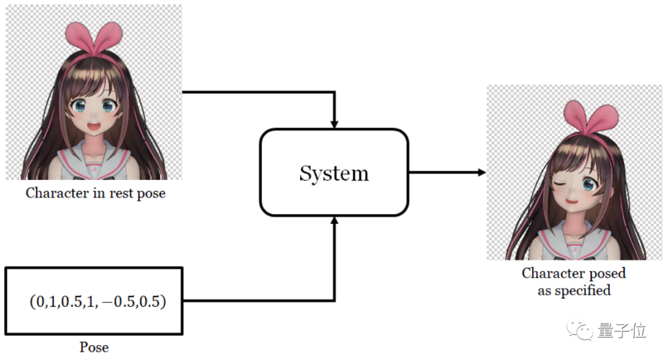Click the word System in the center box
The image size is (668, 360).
[x=334, y=173]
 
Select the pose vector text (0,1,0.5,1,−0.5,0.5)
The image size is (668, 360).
[x=98, y=303]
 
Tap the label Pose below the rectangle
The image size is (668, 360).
[x=94, y=347]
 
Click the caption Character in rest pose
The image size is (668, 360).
[x=95, y=193]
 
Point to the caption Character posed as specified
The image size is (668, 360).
[x=573, y=281]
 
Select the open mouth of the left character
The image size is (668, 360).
[x=98, y=129]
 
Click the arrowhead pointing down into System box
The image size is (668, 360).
[x=334, y=124]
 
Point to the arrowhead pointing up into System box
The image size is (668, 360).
[x=334, y=221]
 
